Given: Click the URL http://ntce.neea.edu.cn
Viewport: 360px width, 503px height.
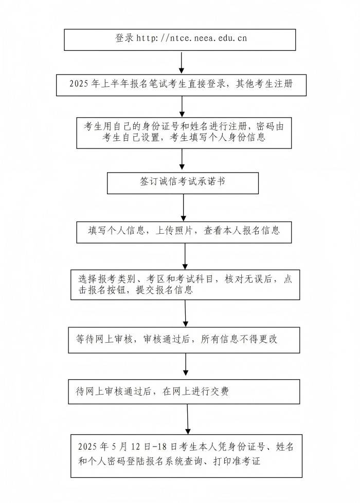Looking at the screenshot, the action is point(191,38).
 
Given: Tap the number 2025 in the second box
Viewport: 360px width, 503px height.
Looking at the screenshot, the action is point(79,84).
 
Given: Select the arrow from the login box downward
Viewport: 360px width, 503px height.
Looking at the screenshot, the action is point(182,63).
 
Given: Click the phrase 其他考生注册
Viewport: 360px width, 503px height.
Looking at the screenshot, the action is point(264,84).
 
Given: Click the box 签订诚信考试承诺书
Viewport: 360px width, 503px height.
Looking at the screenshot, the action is point(183,183).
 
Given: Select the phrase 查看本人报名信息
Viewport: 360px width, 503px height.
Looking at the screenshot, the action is point(242,230).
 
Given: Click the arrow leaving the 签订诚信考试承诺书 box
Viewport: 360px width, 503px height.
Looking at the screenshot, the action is point(184,208).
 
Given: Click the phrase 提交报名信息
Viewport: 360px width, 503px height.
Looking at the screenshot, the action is point(165,290).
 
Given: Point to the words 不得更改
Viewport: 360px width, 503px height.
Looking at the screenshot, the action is point(259,339).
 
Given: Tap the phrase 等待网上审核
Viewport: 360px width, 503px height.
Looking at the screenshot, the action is point(104,339).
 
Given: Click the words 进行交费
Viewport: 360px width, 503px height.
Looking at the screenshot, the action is point(210,392).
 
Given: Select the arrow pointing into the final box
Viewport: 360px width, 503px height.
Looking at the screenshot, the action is point(188,419).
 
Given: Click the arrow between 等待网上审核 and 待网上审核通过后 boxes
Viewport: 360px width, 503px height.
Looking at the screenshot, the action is point(186,364).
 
